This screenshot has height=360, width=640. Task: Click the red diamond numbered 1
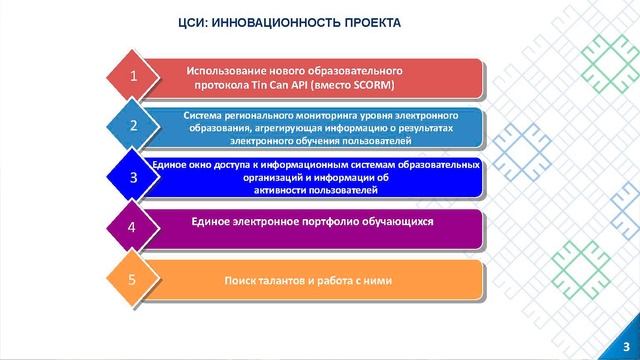[134, 76]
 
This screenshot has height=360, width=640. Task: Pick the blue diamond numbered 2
[134, 126]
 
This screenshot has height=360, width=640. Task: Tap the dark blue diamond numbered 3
[134, 177]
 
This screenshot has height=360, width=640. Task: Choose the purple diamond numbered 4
[134, 228]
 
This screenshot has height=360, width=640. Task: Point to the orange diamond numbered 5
[134, 279]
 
